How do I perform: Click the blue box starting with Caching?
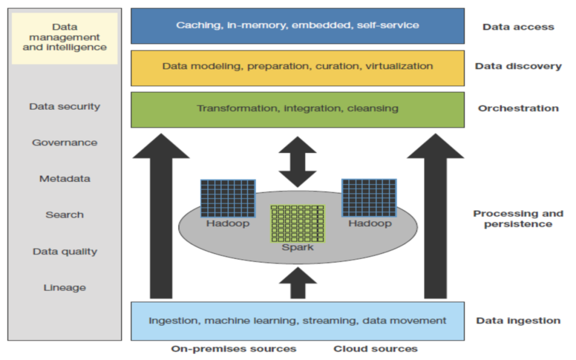coord(297,26)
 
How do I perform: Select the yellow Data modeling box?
coord(297,67)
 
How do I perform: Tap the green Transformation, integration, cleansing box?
coord(297,109)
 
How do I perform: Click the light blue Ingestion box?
coord(297,321)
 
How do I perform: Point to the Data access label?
coord(518,27)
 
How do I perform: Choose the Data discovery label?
coord(518,67)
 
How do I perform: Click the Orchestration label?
coord(518,108)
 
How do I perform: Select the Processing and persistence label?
coord(518,219)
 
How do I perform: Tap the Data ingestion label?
coord(518,321)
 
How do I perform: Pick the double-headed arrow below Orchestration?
coord(297,161)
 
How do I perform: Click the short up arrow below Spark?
coord(297,283)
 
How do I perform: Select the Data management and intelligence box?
coord(65,37)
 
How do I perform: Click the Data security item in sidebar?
coord(65,107)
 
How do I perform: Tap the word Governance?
coord(65,142)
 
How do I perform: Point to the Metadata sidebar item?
coord(65,179)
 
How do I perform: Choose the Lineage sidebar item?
coord(65,288)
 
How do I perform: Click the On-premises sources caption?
coord(234,349)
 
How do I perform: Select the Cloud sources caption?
coord(375,349)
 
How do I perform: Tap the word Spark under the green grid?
coord(298,247)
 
